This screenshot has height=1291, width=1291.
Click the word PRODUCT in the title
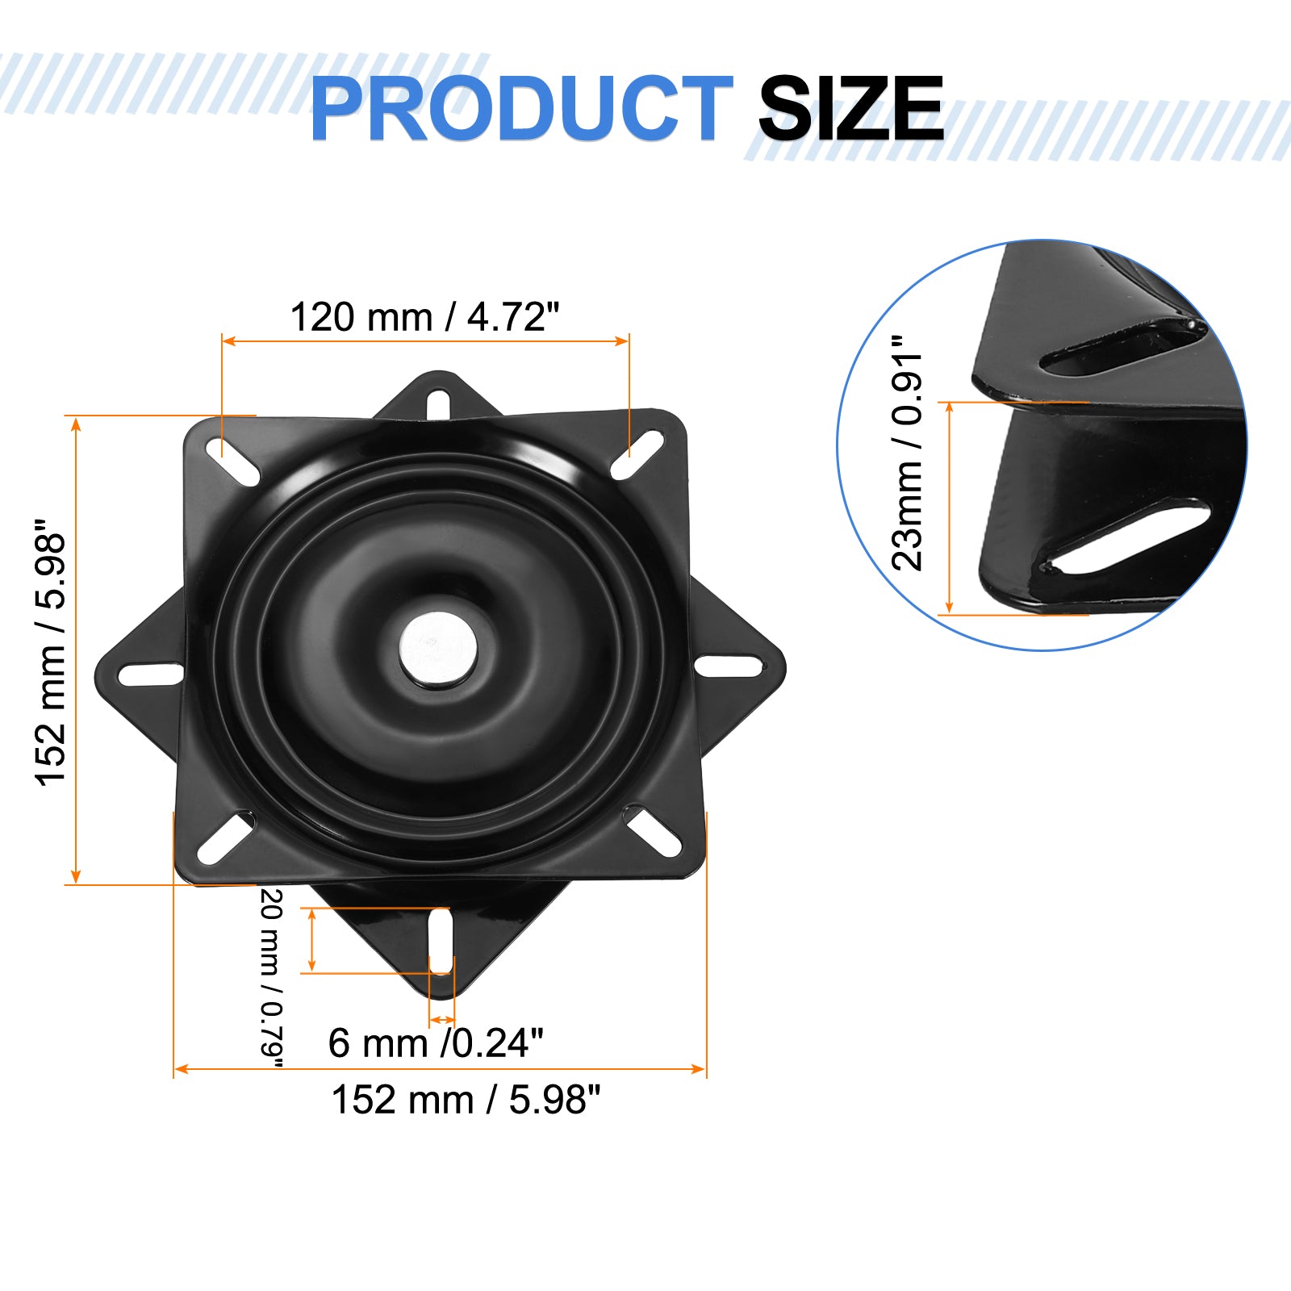pyautogui.click(x=521, y=109)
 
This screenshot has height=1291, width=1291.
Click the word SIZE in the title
pyautogui.click(x=850, y=109)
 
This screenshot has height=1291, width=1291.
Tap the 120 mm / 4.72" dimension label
pyautogui.click(x=424, y=317)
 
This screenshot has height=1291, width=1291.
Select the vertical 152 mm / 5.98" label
pyautogui.click(x=50, y=652)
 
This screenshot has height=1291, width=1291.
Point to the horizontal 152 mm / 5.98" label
pyautogui.click(x=466, y=1100)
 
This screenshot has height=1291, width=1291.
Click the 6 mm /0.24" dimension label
pyautogui.click(x=436, y=1043)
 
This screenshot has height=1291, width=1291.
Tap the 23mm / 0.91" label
pyautogui.click(x=907, y=452)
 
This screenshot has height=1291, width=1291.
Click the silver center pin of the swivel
pyautogui.click(x=438, y=649)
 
